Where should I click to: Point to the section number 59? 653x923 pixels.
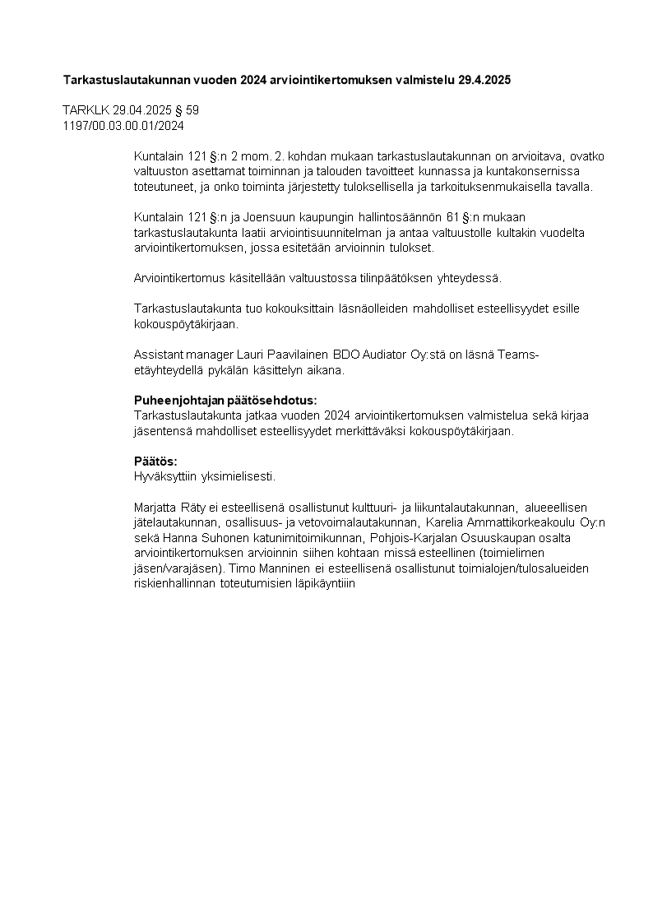pos(192,110)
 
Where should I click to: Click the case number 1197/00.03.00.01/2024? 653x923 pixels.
pos(123,126)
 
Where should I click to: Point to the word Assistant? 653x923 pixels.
pos(158,355)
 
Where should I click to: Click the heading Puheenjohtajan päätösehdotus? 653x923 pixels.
pos(225,401)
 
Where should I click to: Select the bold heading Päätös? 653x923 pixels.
pos(155,461)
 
